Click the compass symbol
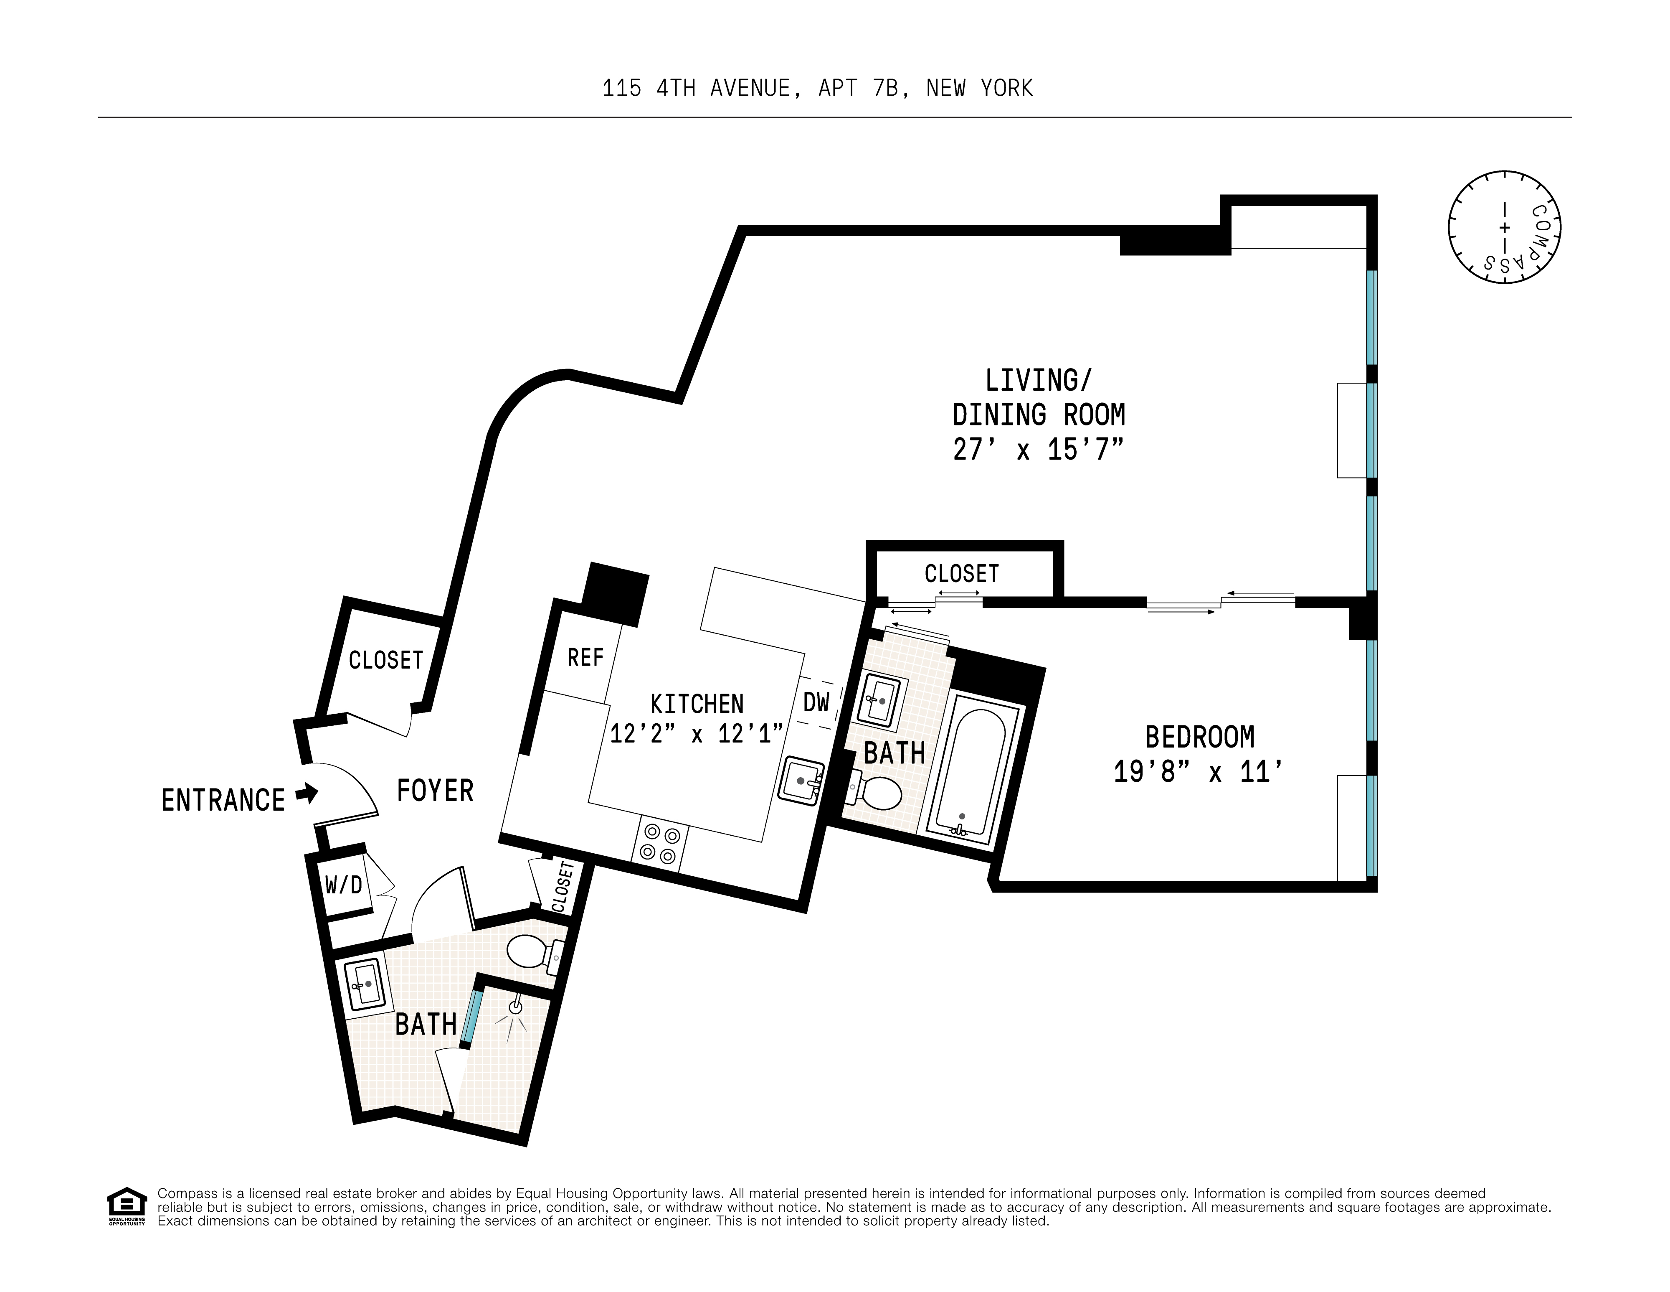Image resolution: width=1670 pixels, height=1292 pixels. click(1503, 228)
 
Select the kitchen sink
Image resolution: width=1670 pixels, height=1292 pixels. click(801, 780)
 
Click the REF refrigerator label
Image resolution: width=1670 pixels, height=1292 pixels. click(585, 657)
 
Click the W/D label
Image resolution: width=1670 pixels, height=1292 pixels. click(343, 885)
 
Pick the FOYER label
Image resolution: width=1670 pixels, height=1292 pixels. click(434, 790)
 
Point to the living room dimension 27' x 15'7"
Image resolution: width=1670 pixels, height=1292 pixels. click(1038, 449)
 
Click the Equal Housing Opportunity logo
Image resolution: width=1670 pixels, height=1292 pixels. click(126, 1206)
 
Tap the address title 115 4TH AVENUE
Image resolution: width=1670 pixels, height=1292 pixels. click(817, 89)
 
